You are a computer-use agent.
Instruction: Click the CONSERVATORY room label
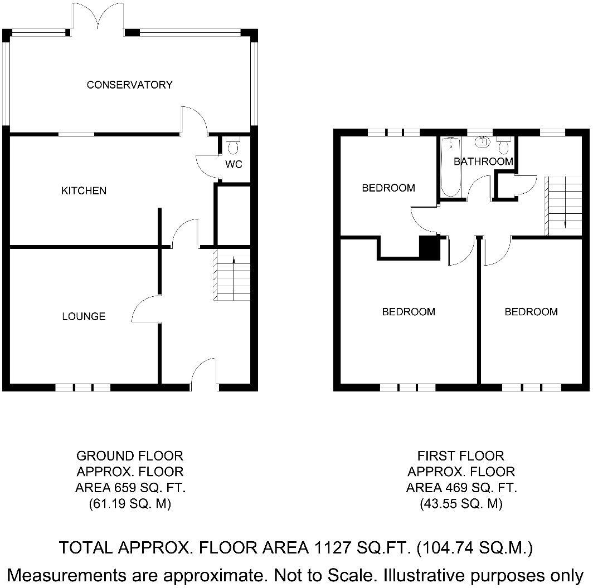coord(129,85)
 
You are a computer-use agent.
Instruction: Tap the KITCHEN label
coord(84,191)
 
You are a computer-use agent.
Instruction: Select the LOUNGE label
coord(84,317)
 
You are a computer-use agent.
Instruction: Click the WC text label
coord(234,164)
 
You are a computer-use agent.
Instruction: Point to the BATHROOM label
coord(483,161)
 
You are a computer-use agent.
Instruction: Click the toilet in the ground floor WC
coord(233,146)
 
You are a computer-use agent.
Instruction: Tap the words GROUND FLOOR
coord(129,456)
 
